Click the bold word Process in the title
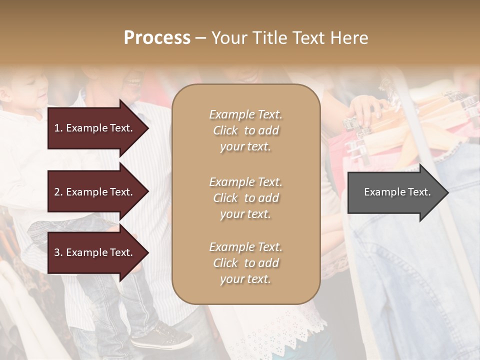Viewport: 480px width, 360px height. (157, 38)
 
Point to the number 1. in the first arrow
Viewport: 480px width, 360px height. (58, 128)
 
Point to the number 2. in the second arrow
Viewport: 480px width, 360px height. (58, 192)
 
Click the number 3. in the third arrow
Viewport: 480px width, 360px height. (58, 253)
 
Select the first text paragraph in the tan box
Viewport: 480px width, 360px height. (245, 130)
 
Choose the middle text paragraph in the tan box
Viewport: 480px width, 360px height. (245, 198)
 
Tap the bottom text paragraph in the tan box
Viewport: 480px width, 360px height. (245, 263)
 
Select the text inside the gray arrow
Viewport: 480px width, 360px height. (397, 192)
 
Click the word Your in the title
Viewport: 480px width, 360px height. (228, 38)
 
